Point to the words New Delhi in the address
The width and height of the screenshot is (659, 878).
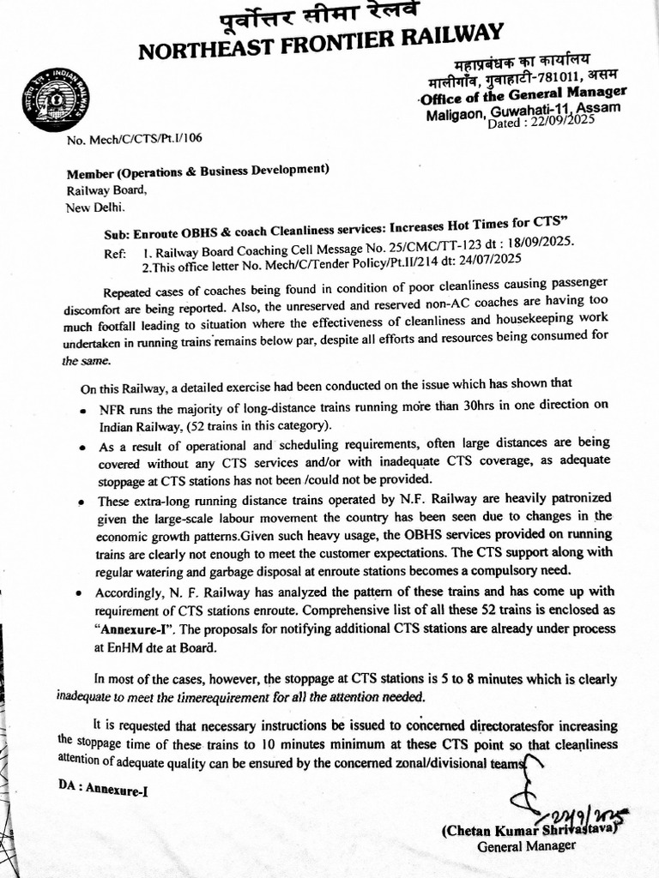(x=96, y=207)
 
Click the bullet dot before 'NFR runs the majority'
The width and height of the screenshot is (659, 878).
(x=80, y=412)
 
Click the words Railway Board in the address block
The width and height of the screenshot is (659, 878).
(x=100, y=191)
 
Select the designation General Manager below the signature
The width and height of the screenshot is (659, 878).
(x=526, y=845)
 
